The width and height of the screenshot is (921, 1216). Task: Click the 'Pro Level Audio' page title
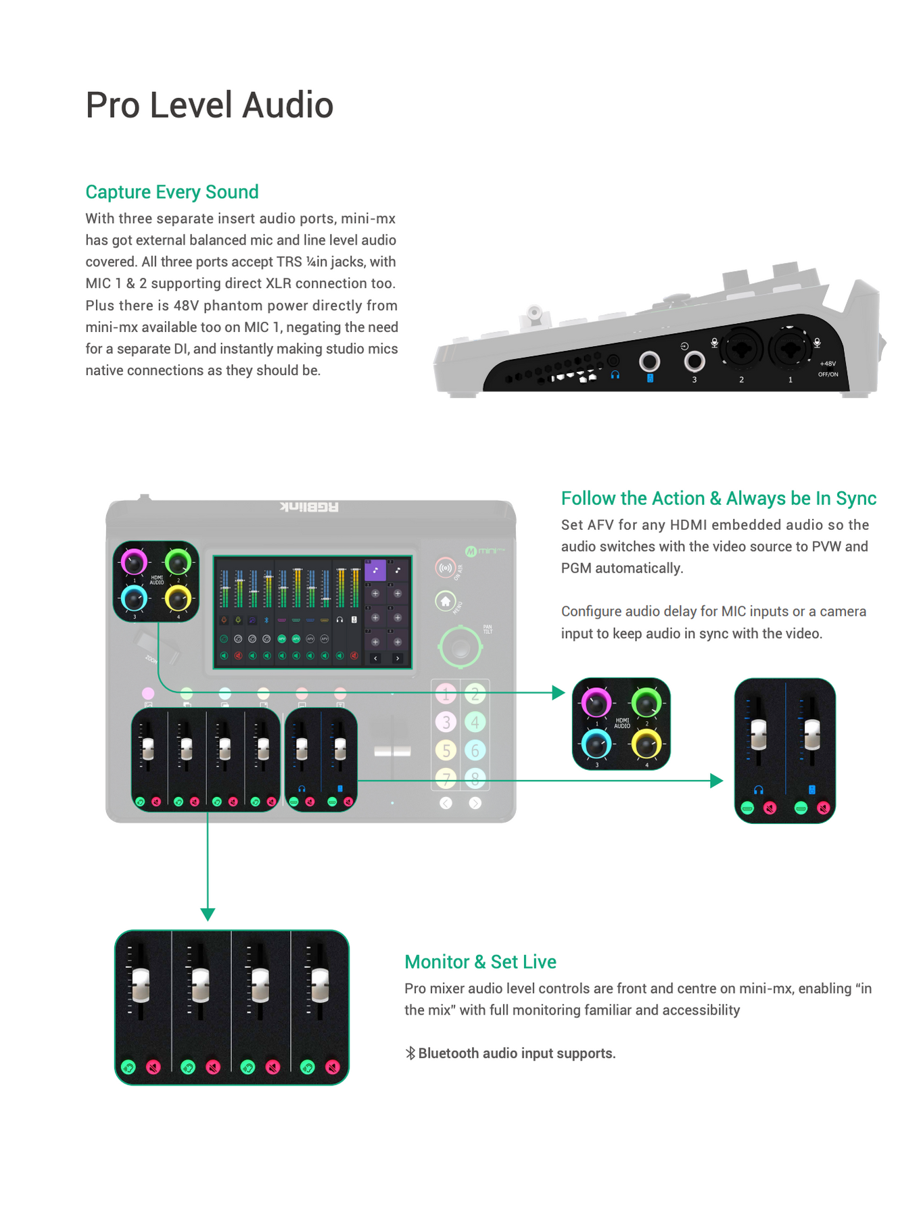click(209, 105)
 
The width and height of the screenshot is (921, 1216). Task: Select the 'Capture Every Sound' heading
click(172, 192)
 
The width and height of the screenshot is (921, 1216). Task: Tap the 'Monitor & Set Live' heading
click(480, 962)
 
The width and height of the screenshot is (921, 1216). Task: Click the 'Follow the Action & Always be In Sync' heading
click(718, 499)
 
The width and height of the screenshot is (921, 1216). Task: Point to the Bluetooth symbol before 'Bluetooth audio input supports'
click(410, 1053)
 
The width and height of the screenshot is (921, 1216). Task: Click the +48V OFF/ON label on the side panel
click(828, 368)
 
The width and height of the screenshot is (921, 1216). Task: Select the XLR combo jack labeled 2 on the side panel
click(741, 349)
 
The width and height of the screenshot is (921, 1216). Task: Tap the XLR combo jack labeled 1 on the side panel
click(790, 349)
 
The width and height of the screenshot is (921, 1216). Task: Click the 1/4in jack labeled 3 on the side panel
click(694, 362)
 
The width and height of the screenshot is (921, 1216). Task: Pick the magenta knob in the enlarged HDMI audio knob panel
click(596, 703)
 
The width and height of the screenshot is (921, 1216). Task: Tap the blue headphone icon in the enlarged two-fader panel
click(759, 789)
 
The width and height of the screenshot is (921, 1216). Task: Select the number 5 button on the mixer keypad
click(446, 750)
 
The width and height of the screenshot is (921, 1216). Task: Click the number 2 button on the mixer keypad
click(475, 694)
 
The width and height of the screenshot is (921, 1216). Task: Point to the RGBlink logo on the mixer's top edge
click(309, 507)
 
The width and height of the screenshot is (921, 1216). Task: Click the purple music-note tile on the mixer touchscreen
click(375, 570)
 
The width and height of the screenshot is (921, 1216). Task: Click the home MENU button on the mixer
click(445, 601)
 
